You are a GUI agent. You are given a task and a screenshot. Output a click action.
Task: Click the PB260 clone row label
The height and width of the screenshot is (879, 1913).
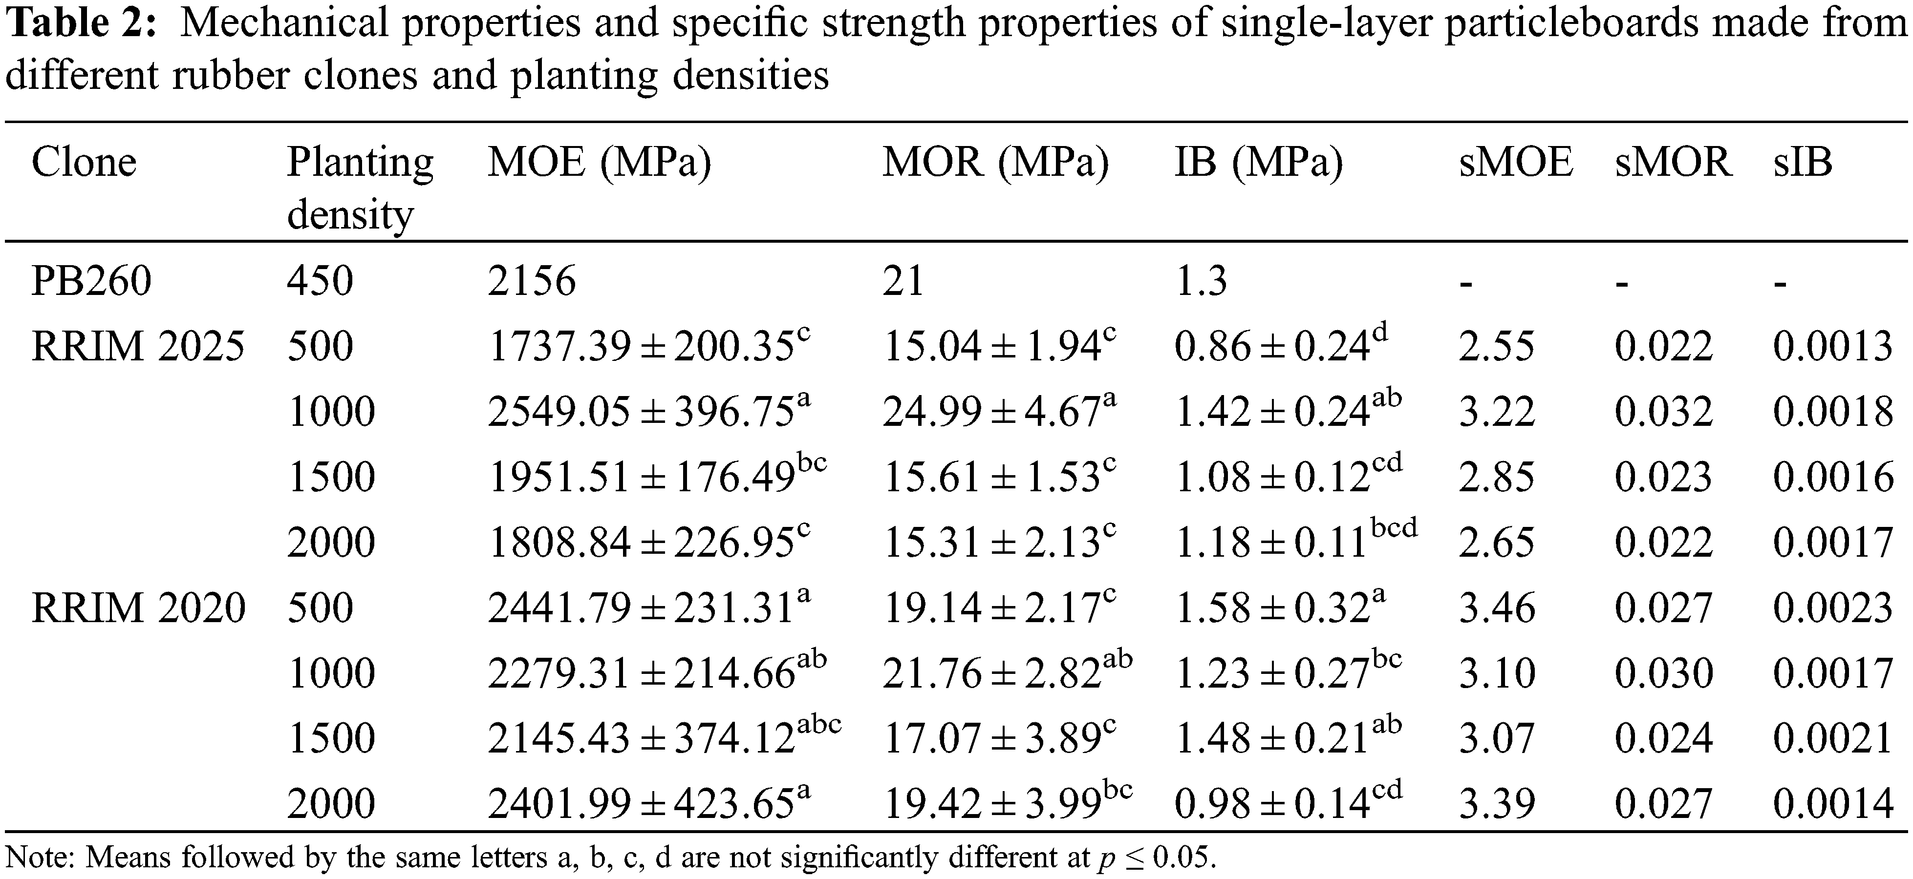(91, 281)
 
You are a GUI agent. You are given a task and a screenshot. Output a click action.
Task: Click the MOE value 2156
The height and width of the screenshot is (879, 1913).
(532, 281)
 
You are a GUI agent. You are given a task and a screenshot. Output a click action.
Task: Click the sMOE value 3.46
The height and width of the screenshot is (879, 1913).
(1496, 608)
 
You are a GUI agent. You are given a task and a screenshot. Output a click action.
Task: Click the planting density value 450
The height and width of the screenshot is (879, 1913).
(320, 281)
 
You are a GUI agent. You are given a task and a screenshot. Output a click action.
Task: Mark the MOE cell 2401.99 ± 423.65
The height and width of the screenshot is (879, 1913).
(648, 804)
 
